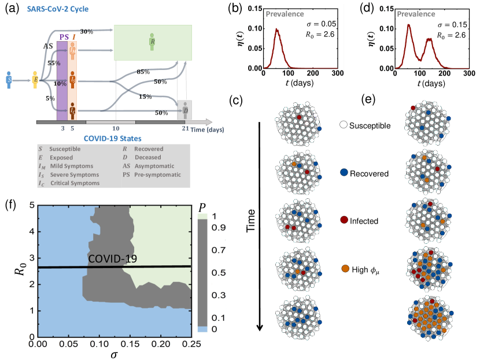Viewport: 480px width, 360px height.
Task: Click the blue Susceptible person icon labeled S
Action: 9,79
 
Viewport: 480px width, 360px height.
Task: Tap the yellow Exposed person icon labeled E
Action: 35,80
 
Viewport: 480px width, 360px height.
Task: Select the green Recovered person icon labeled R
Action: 152,42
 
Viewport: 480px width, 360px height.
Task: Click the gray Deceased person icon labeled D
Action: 185,109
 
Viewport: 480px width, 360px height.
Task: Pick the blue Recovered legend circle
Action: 345,173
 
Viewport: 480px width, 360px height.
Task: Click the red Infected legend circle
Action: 345,221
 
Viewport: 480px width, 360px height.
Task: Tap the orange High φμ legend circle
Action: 345,268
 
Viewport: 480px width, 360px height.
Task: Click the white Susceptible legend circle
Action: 345,125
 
